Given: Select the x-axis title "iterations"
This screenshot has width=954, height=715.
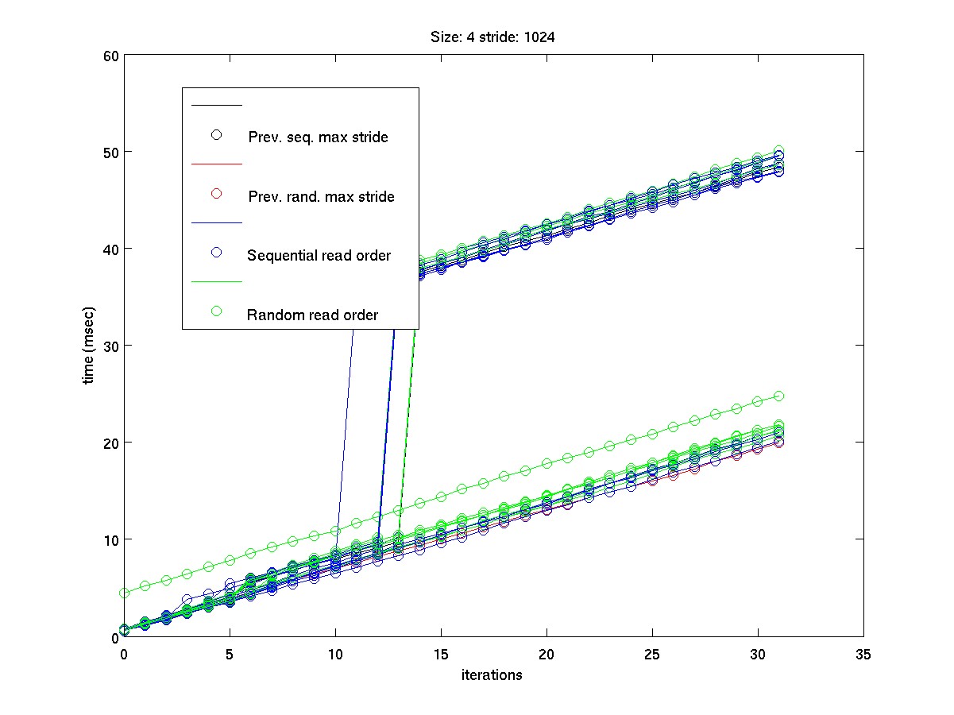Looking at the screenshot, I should point(492,675).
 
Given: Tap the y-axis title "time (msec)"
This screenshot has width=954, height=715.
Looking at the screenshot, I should point(90,345).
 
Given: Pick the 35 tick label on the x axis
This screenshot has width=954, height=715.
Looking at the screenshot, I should point(863,655).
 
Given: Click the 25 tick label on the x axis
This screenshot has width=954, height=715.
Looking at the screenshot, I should point(652,655).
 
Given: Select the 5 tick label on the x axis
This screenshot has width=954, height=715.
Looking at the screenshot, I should point(230,655).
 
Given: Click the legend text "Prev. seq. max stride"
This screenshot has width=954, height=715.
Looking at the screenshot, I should point(318,137).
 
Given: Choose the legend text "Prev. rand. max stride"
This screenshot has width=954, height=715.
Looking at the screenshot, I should point(321,196).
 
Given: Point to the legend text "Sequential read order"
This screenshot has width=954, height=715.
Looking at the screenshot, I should point(319,256).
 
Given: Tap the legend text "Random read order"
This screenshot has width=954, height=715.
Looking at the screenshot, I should point(312,315).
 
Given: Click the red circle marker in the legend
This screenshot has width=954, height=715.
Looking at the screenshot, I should point(215,194).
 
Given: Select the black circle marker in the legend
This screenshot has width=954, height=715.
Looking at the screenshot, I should point(215,134).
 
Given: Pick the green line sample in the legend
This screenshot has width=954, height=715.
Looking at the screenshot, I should point(215,282).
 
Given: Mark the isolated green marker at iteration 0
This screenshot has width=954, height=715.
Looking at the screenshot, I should point(124,593).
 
